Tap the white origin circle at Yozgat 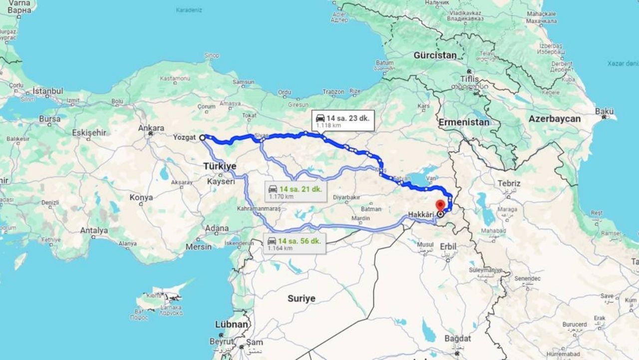(202, 137)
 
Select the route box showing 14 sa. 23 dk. (342, 121)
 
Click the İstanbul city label (48, 91)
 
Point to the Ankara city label (151, 128)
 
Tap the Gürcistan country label (435, 55)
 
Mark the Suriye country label (302, 298)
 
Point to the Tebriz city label (508, 184)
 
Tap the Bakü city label (604, 110)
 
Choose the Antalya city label (94, 230)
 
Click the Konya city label (141, 197)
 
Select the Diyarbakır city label (346, 197)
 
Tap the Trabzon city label (333, 92)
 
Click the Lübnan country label (232, 324)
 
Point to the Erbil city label (448, 246)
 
